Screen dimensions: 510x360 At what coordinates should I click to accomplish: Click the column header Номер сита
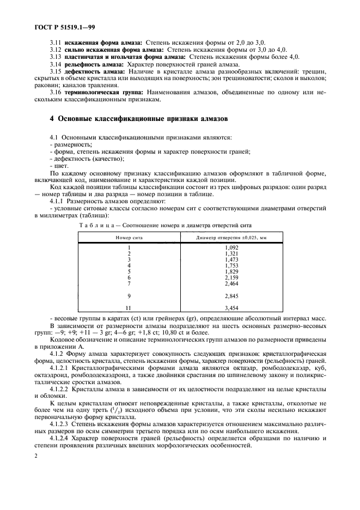pyautogui.click(x=129, y=238)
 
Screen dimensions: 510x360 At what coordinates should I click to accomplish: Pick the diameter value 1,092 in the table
pyautogui.click(x=231, y=248)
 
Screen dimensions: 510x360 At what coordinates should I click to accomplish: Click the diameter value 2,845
pyautogui.click(x=231, y=296)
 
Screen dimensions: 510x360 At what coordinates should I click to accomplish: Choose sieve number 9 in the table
pyautogui.click(x=129, y=296)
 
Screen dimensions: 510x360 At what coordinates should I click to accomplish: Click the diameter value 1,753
pyautogui.click(x=231, y=265)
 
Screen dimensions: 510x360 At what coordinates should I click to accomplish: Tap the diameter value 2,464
pyautogui.click(x=231, y=283)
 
